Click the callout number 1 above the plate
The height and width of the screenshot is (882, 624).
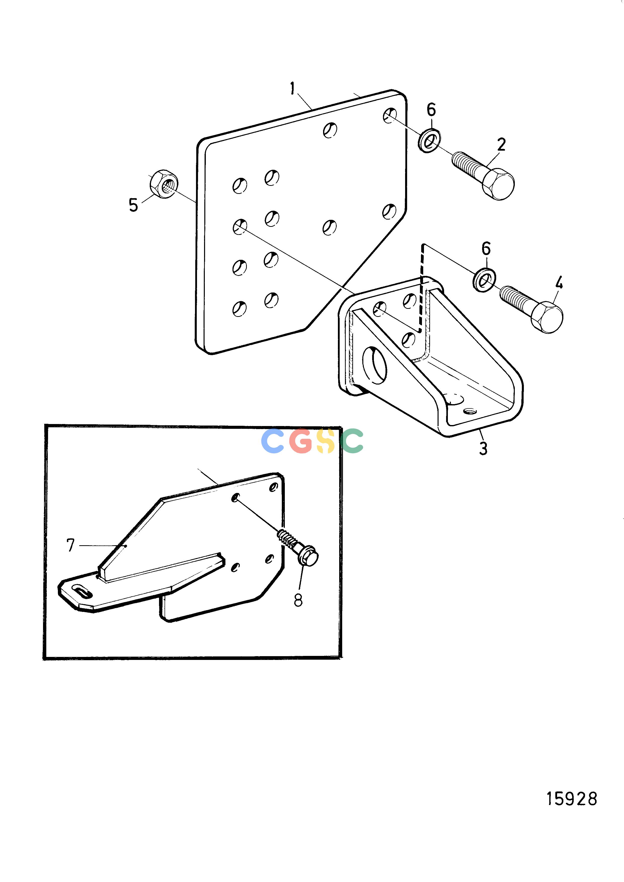[x=293, y=89]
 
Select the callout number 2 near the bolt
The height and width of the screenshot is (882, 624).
[x=501, y=145]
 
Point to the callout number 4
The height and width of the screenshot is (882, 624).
[x=559, y=283]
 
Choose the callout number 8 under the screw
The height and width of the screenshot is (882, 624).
[x=298, y=600]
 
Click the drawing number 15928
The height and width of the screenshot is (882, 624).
[x=572, y=799]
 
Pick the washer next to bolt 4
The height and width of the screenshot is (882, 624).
[x=484, y=280]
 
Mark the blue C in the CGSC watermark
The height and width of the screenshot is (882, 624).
[x=272, y=441]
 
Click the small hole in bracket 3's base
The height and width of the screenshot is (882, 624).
[x=470, y=411]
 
